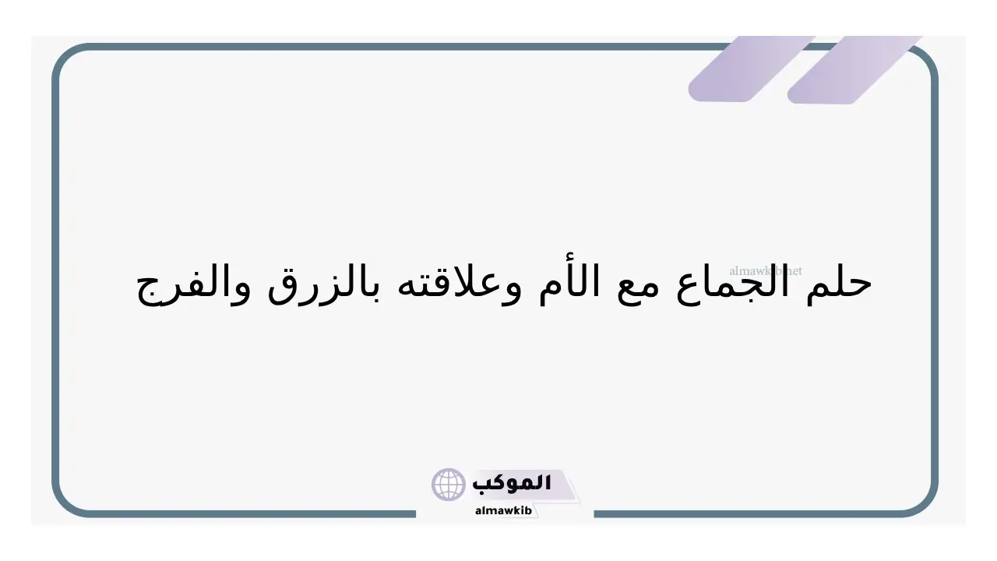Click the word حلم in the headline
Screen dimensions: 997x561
click(x=839, y=285)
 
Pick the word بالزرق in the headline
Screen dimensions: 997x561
click(x=322, y=285)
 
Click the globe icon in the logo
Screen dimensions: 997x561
click(x=448, y=484)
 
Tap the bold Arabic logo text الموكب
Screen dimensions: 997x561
click(x=512, y=483)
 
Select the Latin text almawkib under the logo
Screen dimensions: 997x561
click(x=503, y=510)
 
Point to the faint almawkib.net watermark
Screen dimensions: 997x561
click(x=766, y=270)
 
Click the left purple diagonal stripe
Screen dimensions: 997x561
click(x=752, y=69)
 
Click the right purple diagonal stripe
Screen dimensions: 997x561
click(x=854, y=70)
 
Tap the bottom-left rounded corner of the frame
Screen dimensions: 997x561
click(x=62, y=506)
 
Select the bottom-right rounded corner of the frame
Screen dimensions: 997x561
click(x=928, y=506)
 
